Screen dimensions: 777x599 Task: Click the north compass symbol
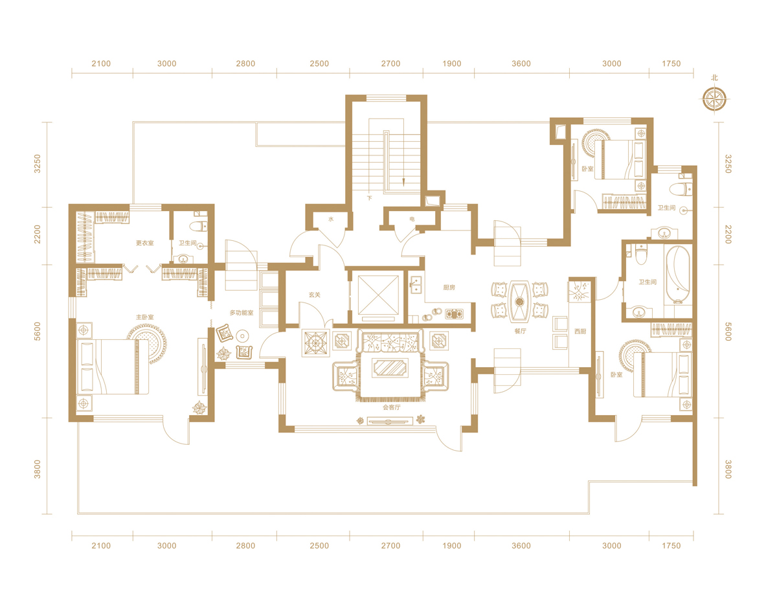pos(714,99)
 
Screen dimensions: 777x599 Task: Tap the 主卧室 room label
pos(145,317)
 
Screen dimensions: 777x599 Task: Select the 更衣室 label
pos(145,243)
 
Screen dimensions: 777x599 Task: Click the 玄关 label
pos(315,295)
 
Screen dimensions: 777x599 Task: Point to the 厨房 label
pos(449,288)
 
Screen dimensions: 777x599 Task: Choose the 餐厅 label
pos(520,331)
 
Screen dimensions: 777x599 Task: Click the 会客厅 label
pos(392,407)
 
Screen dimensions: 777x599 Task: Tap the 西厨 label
pos(580,332)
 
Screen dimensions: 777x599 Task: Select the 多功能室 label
pos(242,313)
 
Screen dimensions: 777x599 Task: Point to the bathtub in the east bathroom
pos(677,275)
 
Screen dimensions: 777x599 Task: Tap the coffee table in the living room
pos(390,368)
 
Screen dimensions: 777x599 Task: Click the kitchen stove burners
pos(454,314)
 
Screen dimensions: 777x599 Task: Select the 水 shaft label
pos(331,220)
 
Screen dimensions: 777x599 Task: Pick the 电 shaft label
pos(412,220)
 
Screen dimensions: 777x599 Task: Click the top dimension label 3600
pos(521,63)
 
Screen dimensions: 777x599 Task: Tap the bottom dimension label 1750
pos(671,546)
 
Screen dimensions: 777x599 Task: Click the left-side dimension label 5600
pos(37,332)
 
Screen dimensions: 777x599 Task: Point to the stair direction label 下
pos(369,198)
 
